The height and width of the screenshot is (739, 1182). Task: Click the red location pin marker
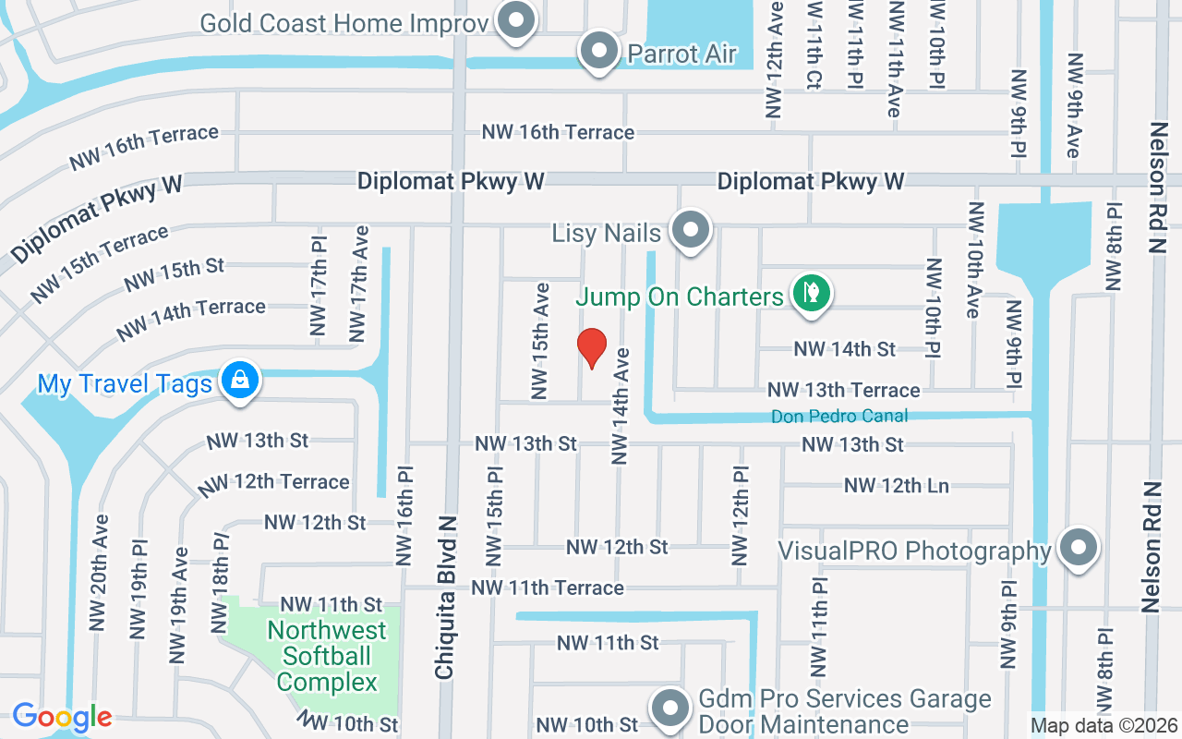coord(591,348)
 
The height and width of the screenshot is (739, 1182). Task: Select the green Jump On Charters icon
coord(812,294)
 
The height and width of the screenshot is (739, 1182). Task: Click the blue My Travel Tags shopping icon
coord(240,381)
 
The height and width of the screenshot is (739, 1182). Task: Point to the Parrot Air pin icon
coord(600,51)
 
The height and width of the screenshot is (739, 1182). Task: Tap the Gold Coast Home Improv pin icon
coord(515,20)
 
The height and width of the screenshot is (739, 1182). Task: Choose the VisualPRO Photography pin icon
coord(1078,549)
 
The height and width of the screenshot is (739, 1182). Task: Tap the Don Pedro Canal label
coord(839,417)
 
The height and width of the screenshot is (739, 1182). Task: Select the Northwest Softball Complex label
coord(328,657)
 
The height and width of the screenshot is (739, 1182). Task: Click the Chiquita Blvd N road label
coord(446,597)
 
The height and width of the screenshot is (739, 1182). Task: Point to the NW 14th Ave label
coord(621,406)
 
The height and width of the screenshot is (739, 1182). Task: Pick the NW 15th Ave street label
coord(540,341)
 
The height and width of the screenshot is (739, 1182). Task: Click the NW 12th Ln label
coord(896,485)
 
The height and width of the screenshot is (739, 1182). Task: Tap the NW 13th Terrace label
coord(843,390)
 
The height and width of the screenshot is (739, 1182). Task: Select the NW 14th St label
coord(845,349)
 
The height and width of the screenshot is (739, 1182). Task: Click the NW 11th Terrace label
coord(548,588)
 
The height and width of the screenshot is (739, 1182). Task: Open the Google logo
coord(62,717)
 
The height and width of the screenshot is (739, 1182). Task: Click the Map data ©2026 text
coord(1104,725)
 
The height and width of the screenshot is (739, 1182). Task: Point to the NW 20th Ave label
coord(100,573)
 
